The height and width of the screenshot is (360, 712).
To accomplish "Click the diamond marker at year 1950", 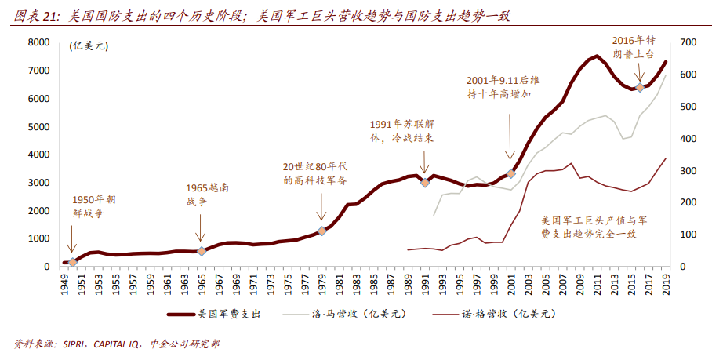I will [x=73, y=262].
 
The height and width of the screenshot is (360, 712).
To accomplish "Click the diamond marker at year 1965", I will [x=201, y=251].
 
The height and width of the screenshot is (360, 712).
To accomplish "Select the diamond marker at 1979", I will [x=321, y=231].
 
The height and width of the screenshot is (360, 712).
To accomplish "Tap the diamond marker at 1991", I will [x=425, y=182].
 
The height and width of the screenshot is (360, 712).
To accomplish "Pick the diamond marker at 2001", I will [x=511, y=173].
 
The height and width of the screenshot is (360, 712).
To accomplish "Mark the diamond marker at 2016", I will [x=640, y=87].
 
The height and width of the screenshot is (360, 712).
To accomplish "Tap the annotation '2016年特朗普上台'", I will [x=634, y=46].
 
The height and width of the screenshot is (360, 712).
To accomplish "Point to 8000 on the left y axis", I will [x=39, y=42].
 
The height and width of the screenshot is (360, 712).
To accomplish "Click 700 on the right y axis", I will [x=688, y=42].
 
